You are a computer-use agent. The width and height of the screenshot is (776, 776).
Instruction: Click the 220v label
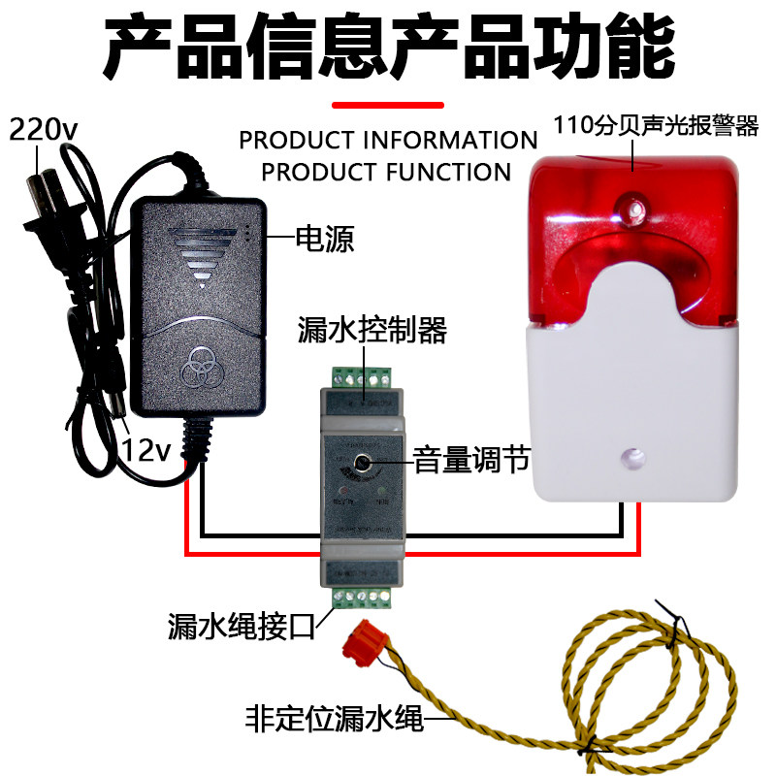pyautogui.click(x=43, y=129)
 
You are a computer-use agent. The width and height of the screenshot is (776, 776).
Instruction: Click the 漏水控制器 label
pyautogui.click(x=372, y=331)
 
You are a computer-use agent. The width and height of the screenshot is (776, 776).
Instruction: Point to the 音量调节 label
pyautogui.click(x=471, y=459)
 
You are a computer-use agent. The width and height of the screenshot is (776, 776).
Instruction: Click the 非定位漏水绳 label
pyautogui.click(x=335, y=720)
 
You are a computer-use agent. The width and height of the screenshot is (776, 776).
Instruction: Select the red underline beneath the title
pyautogui.click(x=387, y=105)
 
